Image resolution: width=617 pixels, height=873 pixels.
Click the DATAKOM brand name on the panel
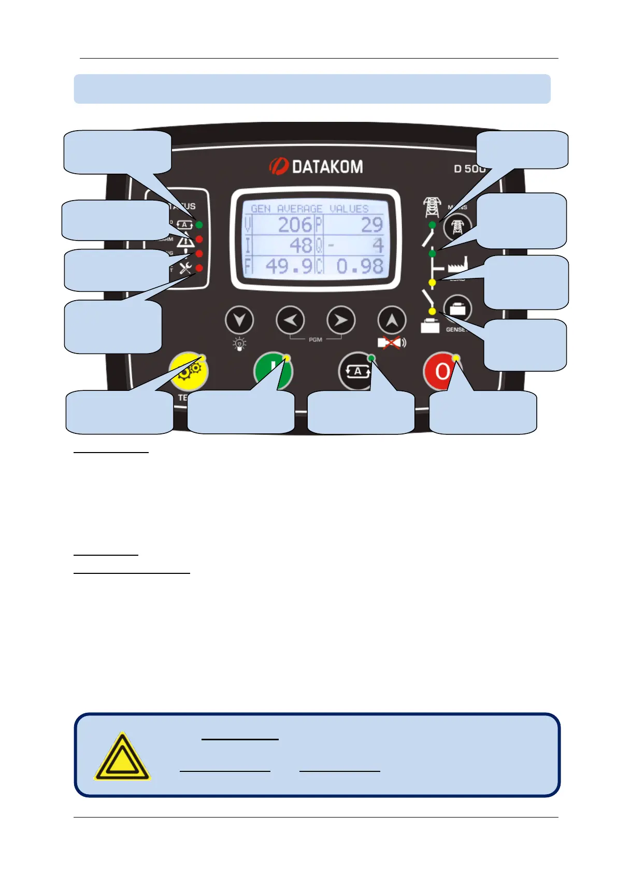coord(326,166)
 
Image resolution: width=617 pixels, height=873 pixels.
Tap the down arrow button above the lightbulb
coord(239,321)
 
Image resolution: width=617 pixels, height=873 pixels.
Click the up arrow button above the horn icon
coord(392,321)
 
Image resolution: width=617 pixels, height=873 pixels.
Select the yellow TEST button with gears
coord(188,372)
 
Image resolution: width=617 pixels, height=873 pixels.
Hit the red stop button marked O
coord(441,372)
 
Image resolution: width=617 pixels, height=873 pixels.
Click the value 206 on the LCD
coord(295,225)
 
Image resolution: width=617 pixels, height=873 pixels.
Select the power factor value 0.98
coord(360,266)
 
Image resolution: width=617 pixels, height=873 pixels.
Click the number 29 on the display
coord(371,225)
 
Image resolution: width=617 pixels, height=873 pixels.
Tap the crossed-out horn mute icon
coord(392,343)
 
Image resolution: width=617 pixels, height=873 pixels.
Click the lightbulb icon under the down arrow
coord(239,344)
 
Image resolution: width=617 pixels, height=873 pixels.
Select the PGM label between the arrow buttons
coord(315,340)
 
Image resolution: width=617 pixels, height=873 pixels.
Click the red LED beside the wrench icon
coord(199,268)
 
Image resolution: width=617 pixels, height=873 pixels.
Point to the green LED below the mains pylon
coord(433,225)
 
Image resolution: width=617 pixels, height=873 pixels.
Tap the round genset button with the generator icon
coord(457,309)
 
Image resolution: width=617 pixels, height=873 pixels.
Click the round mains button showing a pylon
coord(457,227)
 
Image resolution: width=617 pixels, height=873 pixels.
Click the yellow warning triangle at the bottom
coord(122,757)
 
